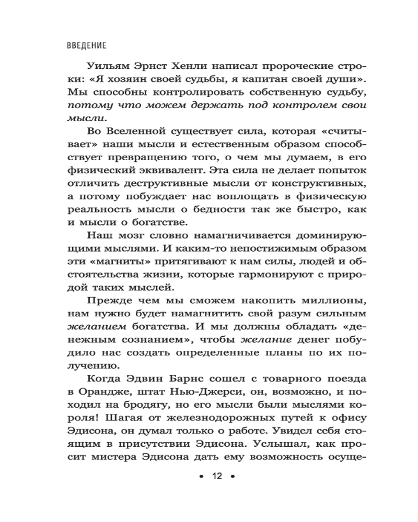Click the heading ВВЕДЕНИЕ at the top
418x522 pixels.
[x=87, y=45]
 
